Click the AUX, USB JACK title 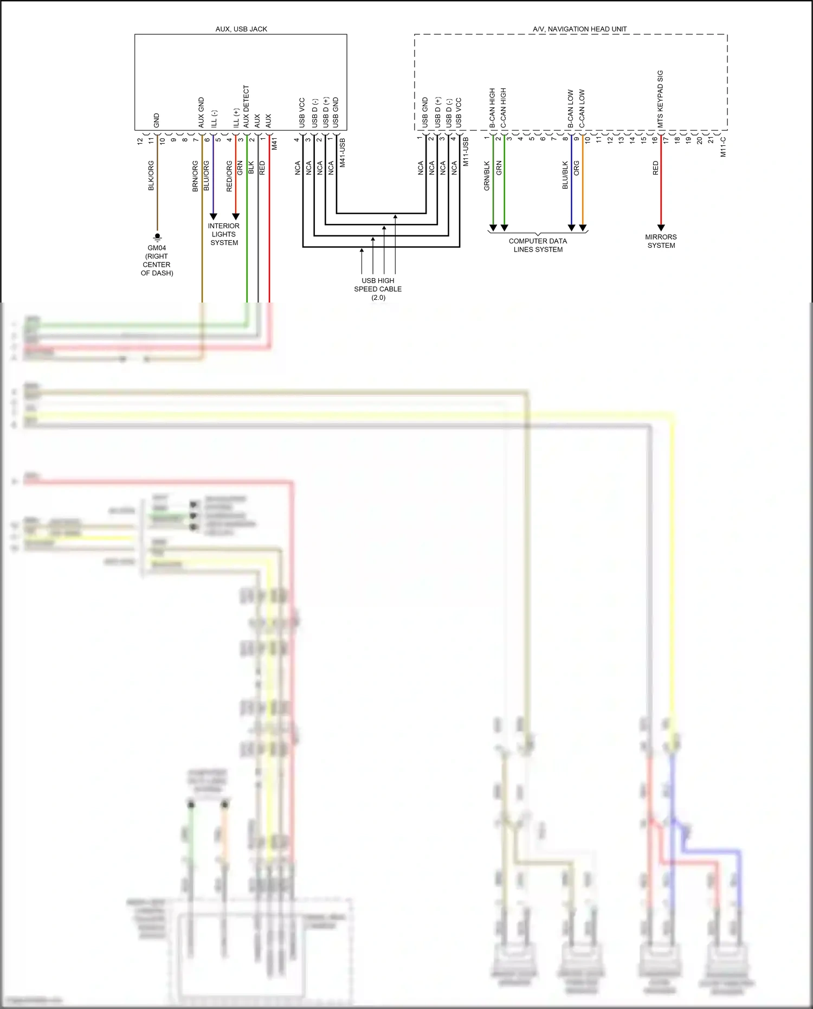click(x=241, y=29)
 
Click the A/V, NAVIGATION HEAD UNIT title click(x=579, y=29)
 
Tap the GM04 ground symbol click(x=157, y=237)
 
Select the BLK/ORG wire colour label click(x=151, y=176)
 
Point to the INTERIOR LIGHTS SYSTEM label click(x=224, y=234)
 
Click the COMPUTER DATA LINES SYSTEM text click(x=538, y=245)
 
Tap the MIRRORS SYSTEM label click(x=661, y=241)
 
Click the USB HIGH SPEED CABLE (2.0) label click(x=378, y=289)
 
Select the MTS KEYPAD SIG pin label click(x=660, y=99)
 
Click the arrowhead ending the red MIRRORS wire click(x=661, y=228)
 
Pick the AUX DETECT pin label click(x=246, y=106)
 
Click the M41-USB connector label click(x=342, y=152)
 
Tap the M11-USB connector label click(x=465, y=152)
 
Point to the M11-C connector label click(x=723, y=147)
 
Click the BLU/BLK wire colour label click(x=565, y=175)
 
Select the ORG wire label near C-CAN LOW click(x=577, y=168)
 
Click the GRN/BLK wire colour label click(x=487, y=176)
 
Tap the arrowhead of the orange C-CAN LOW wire click(x=583, y=228)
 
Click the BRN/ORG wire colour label click(x=195, y=176)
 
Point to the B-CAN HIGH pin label click(x=492, y=108)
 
